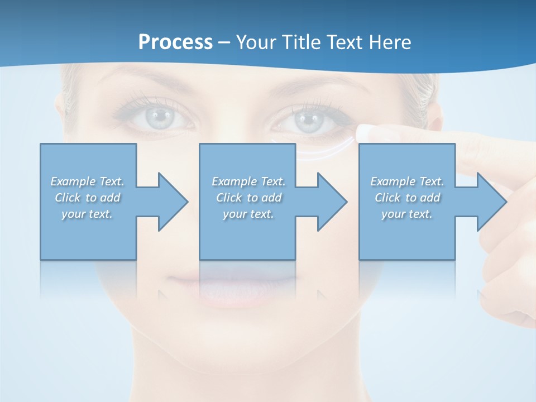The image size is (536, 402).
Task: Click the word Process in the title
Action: click(175, 42)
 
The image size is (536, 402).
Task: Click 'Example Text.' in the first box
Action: click(87, 181)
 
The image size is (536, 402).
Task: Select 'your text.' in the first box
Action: click(87, 214)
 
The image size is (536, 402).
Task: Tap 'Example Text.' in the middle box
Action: click(248, 181)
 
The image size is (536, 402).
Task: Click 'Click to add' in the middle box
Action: click(248, 198)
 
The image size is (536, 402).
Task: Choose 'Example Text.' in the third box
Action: click(407, 181)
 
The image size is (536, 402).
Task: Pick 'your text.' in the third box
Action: click(407, 214)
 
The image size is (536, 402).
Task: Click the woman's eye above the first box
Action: click(161, 116)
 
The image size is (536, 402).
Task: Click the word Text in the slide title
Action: click(345, 42)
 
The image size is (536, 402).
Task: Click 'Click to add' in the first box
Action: click(87, 198)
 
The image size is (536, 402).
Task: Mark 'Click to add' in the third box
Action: click(407, 198)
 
